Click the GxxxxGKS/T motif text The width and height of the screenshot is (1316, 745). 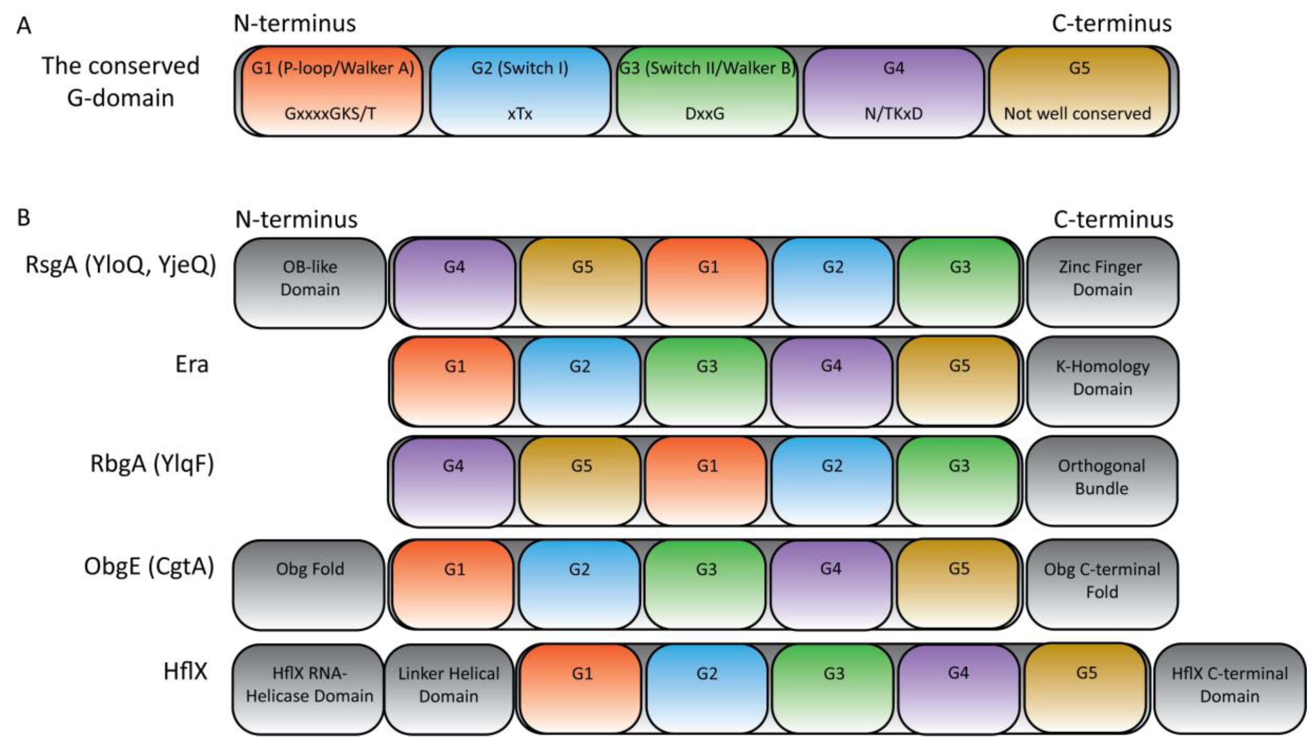[330, 113]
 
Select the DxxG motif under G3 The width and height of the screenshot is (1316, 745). [705, 113]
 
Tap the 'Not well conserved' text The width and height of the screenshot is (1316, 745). [1077, 113]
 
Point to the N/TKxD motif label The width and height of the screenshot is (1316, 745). [893, 113]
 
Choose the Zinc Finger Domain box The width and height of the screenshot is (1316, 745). [1102, 283]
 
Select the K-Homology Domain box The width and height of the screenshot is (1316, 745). [1102, 381]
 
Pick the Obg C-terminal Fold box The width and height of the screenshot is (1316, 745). [1102, 584]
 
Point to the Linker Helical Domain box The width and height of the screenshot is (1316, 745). [448, 688]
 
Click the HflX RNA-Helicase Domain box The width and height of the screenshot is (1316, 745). [309, 688]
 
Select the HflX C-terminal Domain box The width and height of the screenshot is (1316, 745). [1229, 688]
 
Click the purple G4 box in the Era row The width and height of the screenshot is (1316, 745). [831, 381]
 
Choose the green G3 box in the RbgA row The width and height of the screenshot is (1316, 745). [958, 481]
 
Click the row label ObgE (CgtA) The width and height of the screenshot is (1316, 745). [149, 567]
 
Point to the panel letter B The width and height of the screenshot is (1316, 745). [23, 217]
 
